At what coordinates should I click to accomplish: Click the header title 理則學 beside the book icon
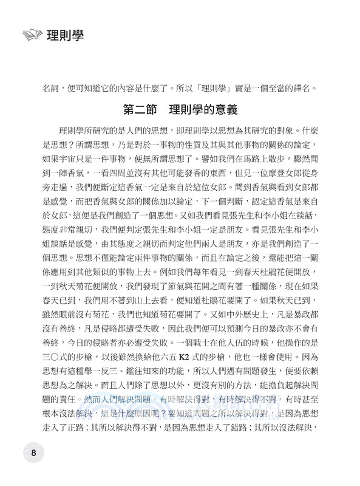point(64,35)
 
